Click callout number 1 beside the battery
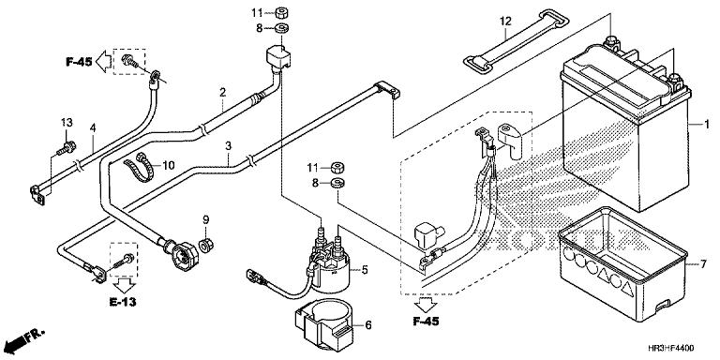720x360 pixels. click(x=707, y=124)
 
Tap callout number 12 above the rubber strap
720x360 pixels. click(x=505, y=22)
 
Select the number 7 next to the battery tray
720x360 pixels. click(x=702, y=264)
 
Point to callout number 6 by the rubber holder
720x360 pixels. click(x=367, y=325)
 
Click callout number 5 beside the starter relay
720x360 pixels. click(x=365, y=270)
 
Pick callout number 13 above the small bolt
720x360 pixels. click(x=67, y=122)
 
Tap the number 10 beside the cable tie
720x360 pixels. click(x=169, y=165)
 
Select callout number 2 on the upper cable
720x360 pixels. click(x=223, y=92)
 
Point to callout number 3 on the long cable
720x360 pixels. click(x=228, y=146)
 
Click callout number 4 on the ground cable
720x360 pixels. click(x=93, y=128)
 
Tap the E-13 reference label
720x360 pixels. click(x=123, y=302)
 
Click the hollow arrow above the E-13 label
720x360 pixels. click(x=124, y=285)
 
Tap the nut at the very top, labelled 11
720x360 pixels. click(x=282, y=12)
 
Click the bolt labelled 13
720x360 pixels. click(x=67, y=148)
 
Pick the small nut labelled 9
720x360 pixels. click(x=206, y=246)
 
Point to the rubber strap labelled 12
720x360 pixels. click(x=517, y=41)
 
